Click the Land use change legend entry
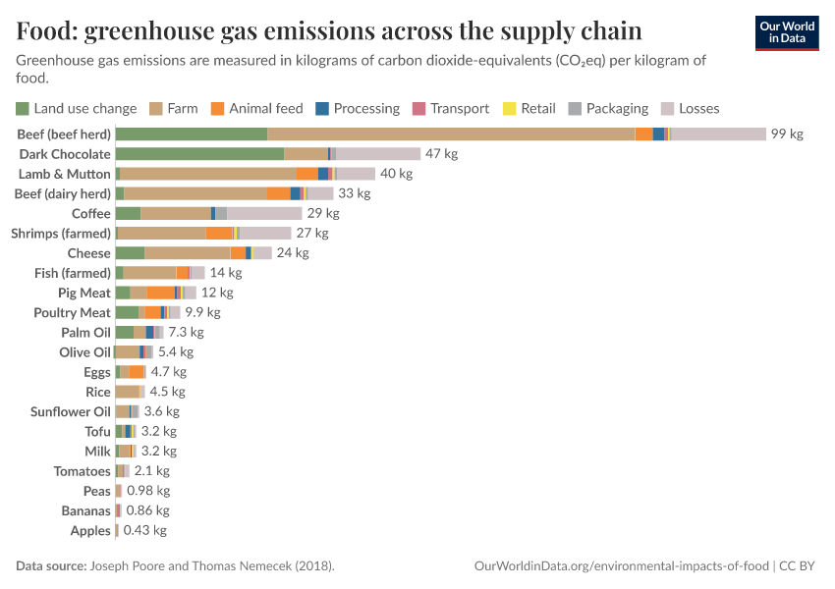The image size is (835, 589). click(76, 109)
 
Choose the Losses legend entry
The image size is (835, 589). click(691, 109)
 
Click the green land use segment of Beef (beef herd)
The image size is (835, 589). click(192, 134)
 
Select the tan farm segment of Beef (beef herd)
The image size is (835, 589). click(451, 134)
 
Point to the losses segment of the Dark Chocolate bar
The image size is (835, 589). click(378, 154)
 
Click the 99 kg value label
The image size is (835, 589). click(787, 134)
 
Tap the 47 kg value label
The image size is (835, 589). click(441, 154)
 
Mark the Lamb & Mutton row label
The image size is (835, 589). click(65, 174)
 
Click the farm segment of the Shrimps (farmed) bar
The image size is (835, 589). click(161, 233)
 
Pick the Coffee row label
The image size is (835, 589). click(90, 213)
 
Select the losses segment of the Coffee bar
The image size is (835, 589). click(264, 213)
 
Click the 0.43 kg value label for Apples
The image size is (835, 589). click(144, 531)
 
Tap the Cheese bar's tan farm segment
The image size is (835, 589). click(188, 253)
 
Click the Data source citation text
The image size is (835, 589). click(175, 566)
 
